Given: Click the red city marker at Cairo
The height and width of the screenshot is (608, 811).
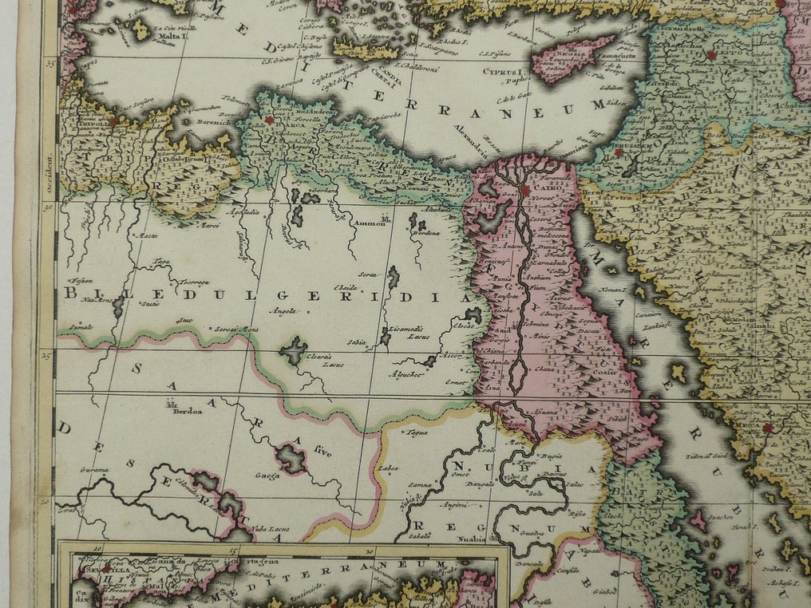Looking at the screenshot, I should (x=527, y=191).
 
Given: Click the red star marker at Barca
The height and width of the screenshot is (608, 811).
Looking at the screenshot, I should (x=269, y=120).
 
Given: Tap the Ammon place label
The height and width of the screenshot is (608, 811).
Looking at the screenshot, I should (x=370, y=224).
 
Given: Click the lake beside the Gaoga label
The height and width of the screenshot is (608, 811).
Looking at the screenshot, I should (x=291, y=458).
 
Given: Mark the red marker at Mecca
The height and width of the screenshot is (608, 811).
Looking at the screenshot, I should (x=768, y=428).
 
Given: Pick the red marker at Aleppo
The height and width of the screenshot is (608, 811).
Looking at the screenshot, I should (x=710, y=55).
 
